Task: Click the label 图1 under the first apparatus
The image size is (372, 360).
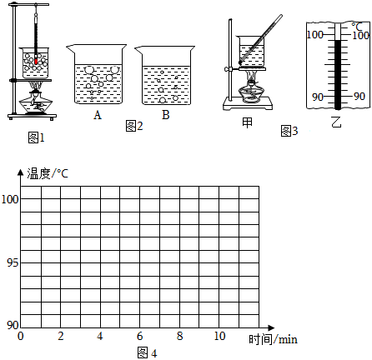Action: (x=37, y=137)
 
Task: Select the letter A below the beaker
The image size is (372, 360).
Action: (x=98, y=115)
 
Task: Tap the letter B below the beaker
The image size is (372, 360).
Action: (x=166, y=114)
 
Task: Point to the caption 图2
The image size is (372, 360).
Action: (x=134, y=126)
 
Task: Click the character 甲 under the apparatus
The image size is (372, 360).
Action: (x=247, y=122)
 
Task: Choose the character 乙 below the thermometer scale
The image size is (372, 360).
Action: (x=336, y=122)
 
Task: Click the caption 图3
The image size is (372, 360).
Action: (x=289, y=131)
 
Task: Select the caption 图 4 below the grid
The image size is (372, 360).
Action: (x=148, y=352)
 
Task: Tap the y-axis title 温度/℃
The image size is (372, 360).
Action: (x=48, y=173)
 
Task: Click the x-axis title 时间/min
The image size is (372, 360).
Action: (x=273, y=339)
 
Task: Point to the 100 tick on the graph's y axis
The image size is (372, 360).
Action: (x=10, y=199)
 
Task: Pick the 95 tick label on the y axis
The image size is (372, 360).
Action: (x=13, y=262)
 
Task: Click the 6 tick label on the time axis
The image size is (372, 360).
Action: (x=140, y=336)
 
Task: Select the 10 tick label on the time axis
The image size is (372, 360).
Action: (x=219, y=336)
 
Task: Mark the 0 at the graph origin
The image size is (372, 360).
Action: (x=21, y=336)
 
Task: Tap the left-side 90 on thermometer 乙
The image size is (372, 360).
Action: (x=318, y=97)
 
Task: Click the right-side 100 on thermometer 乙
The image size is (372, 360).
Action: (x=360, y=35)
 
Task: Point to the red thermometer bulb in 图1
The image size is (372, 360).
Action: (x=36, y=61)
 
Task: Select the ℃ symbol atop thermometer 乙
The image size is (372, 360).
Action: (x=357, y=27)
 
